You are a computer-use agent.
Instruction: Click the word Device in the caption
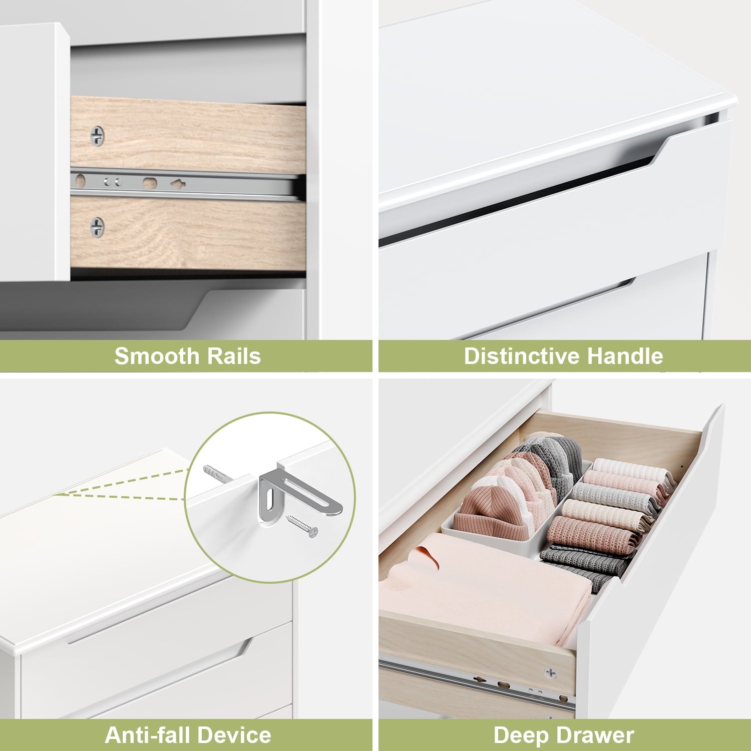[x=228, y=735]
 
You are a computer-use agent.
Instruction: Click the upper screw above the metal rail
[x=97, y=136]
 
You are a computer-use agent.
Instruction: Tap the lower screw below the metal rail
[x=97, y=227]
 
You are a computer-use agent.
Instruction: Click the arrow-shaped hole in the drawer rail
[x=178, y=184]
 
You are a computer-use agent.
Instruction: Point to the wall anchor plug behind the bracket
[x=217, y=474]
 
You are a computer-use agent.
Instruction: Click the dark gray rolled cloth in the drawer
[x=583, y=563]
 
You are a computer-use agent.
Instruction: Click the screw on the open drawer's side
[x=551, y=673]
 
